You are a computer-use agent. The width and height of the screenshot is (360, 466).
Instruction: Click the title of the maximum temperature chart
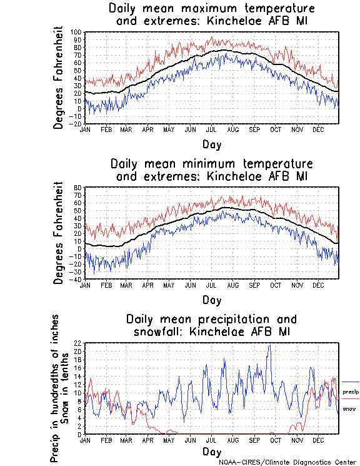[x=211, y=15]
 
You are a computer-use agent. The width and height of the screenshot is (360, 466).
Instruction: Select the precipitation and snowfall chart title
[x=211, y=325]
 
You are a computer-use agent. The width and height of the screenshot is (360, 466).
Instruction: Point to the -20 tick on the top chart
[x=77, y=124]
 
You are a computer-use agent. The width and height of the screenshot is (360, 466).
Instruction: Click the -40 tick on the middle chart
[x=77, y=279]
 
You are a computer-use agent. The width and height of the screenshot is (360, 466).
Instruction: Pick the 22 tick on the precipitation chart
[x=78, y=343]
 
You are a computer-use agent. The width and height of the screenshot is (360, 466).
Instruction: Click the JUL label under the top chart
[x=212, y=129]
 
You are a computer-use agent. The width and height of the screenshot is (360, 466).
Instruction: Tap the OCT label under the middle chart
[x=276, y=284]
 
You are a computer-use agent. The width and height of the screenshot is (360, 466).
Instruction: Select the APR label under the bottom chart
[x=148, y=440]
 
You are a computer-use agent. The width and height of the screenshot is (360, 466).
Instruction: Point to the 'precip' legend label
[x=350, y=392]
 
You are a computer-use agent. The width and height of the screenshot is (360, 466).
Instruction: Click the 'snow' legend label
[x=349, y=408]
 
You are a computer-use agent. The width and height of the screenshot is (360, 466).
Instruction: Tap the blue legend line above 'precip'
[x=350, y=382]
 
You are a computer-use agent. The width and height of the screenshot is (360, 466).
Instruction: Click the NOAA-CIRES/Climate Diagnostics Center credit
[x=287, y=462]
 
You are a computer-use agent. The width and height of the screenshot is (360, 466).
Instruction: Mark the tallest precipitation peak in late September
[x=269, y=345]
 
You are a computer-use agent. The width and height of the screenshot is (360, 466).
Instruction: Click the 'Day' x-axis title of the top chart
[x=211, y=144]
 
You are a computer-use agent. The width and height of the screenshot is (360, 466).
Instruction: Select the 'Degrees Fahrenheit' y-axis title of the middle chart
[x=59, y=233]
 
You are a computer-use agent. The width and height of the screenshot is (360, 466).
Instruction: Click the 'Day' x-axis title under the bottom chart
[x=211, y=452]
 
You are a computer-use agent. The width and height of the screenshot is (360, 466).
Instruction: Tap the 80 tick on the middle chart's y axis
[x=78, y=187]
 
